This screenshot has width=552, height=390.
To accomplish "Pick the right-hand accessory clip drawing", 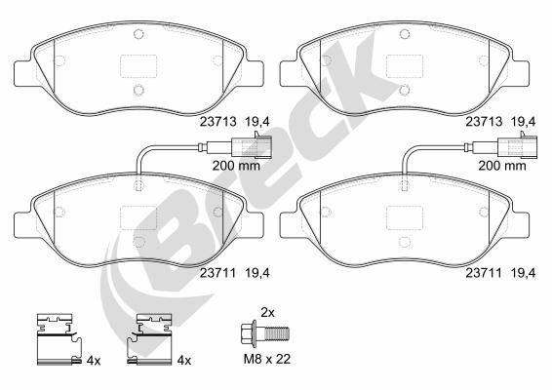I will click(x=152, y=338).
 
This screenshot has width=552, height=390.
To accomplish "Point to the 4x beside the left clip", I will click(x=94, y=361).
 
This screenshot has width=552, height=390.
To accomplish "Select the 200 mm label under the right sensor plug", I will click(x=500, y=167).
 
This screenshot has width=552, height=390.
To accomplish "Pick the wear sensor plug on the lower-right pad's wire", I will click(x=516, y=149).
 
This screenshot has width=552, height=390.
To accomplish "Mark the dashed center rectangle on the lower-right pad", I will click(x=405, y=217).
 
